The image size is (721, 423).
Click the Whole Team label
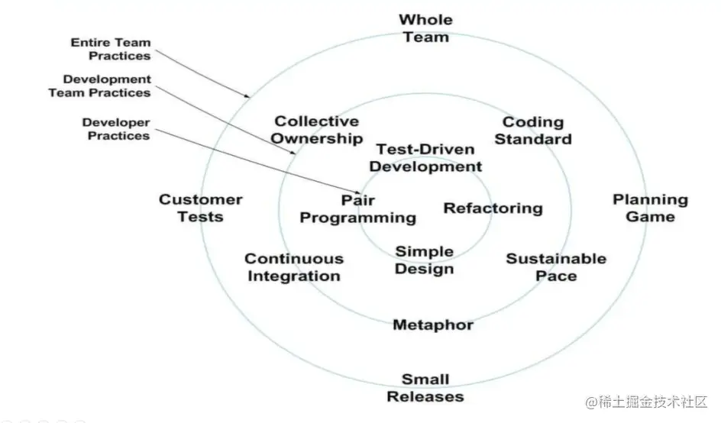point(425,28)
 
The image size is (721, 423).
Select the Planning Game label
point(650,208)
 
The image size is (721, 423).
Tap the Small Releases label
point(425,388)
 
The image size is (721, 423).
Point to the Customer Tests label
point(200,208)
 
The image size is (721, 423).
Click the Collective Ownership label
point(317,130)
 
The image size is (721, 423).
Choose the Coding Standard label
point(536,131)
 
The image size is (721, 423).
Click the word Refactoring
point(493,208)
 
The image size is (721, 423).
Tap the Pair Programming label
point(357,209)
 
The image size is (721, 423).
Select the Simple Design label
point(425,260)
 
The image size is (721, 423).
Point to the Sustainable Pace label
point(555,267)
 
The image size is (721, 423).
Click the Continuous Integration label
point(293,267)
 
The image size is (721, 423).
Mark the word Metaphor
point(433,325)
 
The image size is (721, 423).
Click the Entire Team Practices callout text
point(111,49)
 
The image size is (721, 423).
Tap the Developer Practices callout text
point(117,129)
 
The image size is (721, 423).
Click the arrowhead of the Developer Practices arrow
point(360,192)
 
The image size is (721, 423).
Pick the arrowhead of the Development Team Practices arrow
point(294,153)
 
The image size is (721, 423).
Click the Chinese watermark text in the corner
point(648,402)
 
